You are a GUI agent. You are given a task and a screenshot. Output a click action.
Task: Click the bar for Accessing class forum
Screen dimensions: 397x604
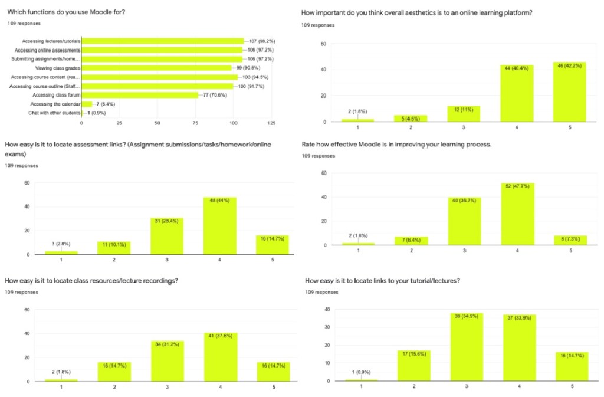[140, 95]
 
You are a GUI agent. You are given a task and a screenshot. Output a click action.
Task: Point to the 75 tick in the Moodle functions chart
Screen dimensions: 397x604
[195, 124]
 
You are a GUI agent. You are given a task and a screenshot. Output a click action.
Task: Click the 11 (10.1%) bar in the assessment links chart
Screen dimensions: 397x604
[113, 248]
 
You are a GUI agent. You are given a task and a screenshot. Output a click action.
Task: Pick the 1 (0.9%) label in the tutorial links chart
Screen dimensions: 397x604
[361, 372]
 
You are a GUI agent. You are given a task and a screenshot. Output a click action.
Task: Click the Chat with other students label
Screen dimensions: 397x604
[54, 113]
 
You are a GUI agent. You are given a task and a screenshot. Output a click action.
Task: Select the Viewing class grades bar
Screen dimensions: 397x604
[156, 68]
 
